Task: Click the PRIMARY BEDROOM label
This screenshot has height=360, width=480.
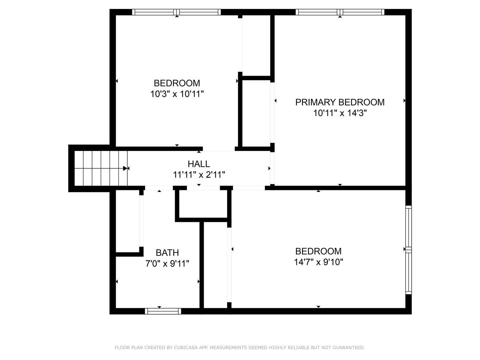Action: tap(340, 102)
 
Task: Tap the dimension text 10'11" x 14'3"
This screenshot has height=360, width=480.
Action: tap(340, 113)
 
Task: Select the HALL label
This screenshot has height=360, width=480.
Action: tap(199, 164)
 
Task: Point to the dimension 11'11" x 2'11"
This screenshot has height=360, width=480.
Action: tap(199, 175)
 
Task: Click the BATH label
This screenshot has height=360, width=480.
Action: tap(167, 253)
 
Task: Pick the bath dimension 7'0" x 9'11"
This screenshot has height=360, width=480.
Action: tap(167, 264)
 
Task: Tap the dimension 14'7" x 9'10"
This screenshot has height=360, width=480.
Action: tap(318, 262)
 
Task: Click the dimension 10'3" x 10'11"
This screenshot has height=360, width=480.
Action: tap(177, 94)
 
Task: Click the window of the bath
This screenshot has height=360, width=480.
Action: tap(163, 311)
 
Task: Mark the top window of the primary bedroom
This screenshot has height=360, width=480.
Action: tap(340, 12)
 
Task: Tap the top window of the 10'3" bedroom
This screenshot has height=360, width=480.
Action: tap(176, 12)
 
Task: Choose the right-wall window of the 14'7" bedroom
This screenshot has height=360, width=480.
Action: tap(408, 250)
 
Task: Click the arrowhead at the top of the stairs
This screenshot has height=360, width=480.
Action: tap(126, 168)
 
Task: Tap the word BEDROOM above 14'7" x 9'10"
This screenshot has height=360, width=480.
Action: tap(318, 251)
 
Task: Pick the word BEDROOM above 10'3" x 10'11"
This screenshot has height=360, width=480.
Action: tap(177, 83)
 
